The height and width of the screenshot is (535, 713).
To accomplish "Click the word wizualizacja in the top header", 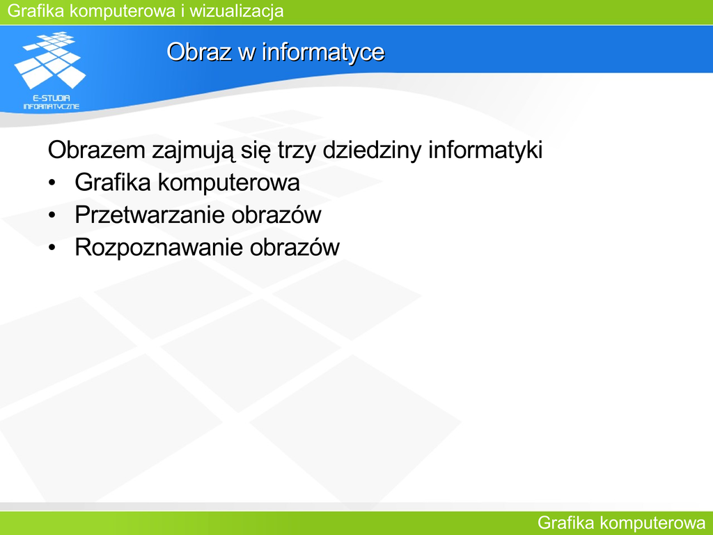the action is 237,11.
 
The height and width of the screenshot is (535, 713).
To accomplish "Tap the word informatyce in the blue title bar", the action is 323,52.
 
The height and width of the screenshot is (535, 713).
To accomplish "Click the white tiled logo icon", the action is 50,60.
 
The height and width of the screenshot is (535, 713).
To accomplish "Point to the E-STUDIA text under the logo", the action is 52,98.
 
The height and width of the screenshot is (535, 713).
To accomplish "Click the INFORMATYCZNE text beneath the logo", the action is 52,107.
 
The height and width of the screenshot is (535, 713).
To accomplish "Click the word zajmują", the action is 194,150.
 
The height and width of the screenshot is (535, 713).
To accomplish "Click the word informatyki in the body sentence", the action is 485,150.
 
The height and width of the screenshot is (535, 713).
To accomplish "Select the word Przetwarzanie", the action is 150,215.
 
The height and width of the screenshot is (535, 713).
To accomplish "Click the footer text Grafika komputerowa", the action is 621,523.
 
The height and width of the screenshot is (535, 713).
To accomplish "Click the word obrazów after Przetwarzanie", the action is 276,215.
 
